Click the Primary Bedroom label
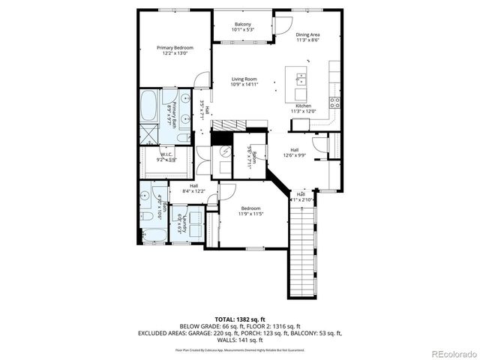tap(169, 47)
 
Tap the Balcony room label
tap(242, 25)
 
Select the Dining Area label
tap(307, 34)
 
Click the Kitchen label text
tap(303, 106)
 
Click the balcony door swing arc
tap(281, 25)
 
